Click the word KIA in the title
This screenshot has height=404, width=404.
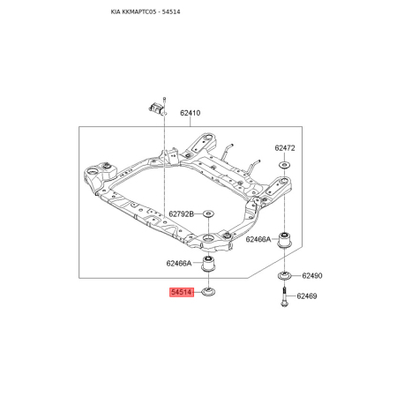point(114,12)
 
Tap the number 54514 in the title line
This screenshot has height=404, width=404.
point(171,12)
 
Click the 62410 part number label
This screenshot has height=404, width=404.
point(191,113)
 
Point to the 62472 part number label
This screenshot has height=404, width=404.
point(285,148)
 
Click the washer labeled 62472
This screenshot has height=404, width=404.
point(284,165)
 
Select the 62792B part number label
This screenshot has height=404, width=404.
point(182,214)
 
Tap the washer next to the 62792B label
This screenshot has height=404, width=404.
point(208,213)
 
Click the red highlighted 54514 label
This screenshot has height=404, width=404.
point(182,292)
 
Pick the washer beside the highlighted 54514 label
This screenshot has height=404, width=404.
point(209,292)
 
